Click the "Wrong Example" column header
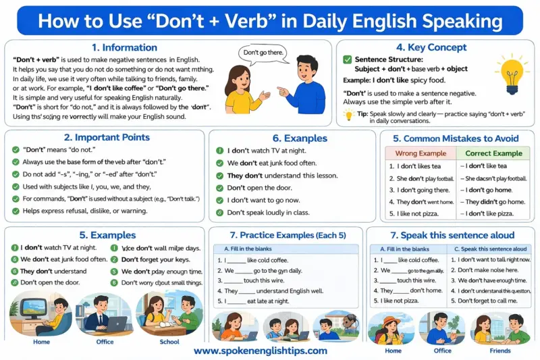[421, 153]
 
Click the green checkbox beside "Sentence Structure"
[348, 59]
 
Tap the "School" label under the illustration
[169, 342]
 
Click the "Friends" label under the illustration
[500, 351]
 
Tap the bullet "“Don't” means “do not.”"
[55, 149]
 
